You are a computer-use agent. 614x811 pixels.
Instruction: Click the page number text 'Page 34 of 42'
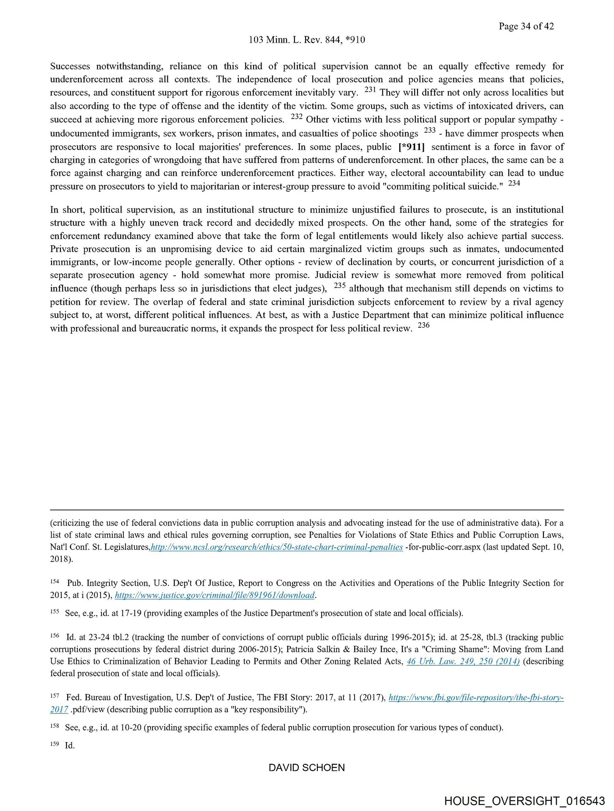coord(526,26)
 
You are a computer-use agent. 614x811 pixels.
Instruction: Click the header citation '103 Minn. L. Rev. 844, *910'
coord(307,40)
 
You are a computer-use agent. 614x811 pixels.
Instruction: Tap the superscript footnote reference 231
coord(370,90)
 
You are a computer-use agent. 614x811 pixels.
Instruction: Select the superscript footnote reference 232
coord(297,117)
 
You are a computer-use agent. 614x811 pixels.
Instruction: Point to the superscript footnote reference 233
coord(429,131)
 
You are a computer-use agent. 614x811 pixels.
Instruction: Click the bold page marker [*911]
coord(411,147)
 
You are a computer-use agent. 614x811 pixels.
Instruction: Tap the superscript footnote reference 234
coord(514,183)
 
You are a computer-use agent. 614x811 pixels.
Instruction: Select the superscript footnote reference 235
coord(340,286)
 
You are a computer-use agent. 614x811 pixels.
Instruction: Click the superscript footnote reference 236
coord(423,326)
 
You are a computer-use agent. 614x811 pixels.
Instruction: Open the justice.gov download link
coord(215,595)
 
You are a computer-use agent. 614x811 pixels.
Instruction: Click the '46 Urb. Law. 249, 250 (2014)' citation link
coord(463,661)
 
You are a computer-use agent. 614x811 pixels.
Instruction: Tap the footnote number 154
coord(55,582)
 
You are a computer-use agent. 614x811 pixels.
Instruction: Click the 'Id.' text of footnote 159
coord(70,746)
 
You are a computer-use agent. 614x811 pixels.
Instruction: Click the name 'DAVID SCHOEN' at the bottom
coord(307,767)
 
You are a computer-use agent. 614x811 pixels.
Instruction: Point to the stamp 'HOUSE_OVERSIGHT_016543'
coord(524,801)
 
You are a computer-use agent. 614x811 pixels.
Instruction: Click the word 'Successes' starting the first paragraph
coord(70,66)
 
